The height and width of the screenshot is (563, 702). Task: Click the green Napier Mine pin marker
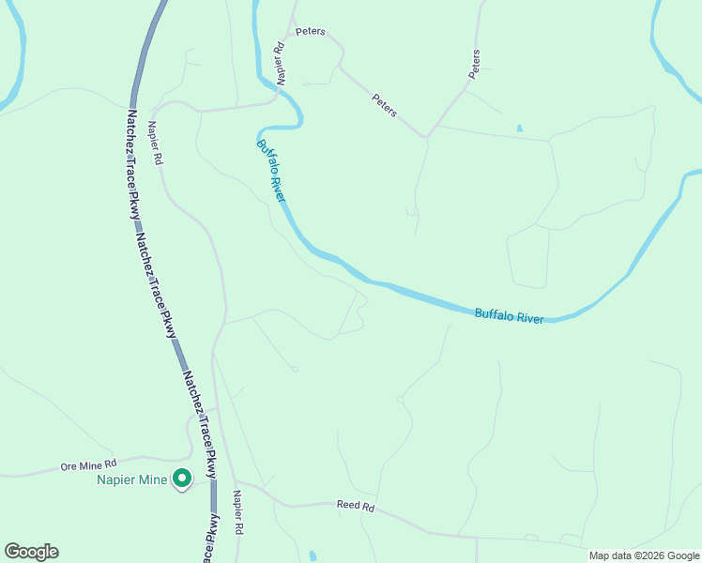click(181, 479)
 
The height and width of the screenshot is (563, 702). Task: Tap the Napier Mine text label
click(132, 479)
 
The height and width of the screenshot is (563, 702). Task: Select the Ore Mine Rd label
click(87, 464)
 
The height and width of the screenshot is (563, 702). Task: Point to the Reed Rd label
click(356, 506)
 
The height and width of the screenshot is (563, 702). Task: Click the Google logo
click(31, 552)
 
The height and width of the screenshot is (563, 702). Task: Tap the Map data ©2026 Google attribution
click(644, 555)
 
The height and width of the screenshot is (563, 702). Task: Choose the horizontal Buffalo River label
click(509, 315)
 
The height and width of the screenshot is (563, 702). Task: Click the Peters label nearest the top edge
click(310, 31)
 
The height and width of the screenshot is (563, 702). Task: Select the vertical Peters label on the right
click(475, 63)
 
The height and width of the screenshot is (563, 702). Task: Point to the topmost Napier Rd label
click(279, 63)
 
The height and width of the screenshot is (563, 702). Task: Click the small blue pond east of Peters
click(519, 128)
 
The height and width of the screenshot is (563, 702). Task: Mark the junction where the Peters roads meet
click(427, 137)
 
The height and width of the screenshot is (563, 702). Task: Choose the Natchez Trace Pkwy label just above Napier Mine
click(199, 419)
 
